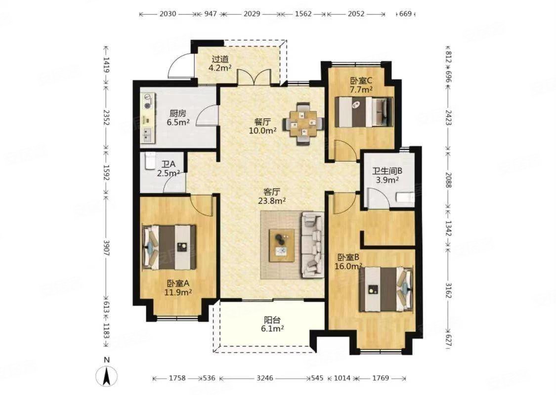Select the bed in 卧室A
[x=170, y=247]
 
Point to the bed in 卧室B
[x=386, y=289]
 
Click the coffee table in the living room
[x=282, y=245]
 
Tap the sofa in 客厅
[x=312, y=245]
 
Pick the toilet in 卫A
[x=149, y=161]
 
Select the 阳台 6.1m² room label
[x=272, y=324]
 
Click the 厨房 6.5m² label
[x=177, y=118]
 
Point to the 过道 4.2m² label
[x=220, y=63]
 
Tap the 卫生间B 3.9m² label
[x=387, y=175]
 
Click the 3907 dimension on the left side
[x=106, y=247]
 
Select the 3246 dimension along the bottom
[x=265, y=378]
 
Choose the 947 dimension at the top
[x=211, y=14]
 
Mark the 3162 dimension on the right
[x=448, y=290]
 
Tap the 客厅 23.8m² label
[x=272, y=197]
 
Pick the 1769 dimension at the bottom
[x=381, y=378]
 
